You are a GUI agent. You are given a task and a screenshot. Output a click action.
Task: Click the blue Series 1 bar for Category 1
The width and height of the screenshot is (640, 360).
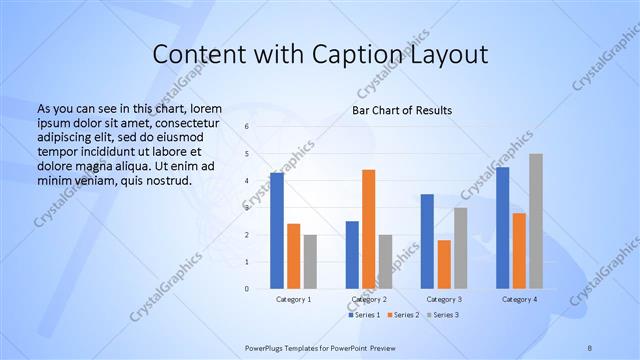[x=277, y=230]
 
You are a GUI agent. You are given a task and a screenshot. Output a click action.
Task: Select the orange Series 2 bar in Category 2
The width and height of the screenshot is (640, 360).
[x=369, y=229]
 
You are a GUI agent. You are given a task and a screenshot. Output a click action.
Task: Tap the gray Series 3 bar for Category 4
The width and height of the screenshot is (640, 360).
[x=536, y=221]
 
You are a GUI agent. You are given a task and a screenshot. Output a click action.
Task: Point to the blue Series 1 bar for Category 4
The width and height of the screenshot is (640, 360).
[x=502, y=228]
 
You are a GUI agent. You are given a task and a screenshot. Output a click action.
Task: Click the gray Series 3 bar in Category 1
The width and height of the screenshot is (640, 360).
[x=310, y=261]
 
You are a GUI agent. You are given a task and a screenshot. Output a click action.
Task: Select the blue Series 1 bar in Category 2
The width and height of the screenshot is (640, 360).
[x=352, y=254]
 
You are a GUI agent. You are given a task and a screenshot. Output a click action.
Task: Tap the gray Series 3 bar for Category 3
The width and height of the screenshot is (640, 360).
[x=460, y=248]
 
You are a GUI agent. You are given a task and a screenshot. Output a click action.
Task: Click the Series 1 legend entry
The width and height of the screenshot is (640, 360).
[x=365, y=315]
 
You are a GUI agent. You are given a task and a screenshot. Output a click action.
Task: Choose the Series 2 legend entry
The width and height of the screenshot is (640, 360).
[x=403, y=315]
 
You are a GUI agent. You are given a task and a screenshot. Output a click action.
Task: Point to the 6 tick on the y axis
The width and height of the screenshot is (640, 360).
[x=247, y=127]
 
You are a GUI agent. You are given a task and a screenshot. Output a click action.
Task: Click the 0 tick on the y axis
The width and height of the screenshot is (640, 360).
[x=247, y=288]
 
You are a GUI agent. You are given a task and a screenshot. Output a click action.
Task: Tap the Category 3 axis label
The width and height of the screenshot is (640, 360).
[x=444, y=299]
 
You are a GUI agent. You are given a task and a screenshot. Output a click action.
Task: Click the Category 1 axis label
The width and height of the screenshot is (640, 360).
[x=293, y=299]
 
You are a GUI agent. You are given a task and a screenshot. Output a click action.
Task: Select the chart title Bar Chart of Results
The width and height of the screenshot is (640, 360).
[x=401, y=110]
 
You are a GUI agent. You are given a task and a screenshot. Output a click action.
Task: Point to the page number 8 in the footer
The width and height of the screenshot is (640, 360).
[x=590, y=347]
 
